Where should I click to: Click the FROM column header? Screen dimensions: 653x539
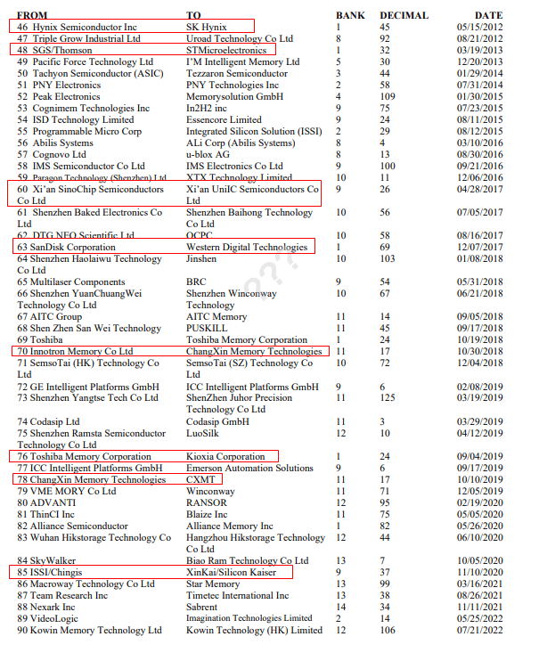[33, 15]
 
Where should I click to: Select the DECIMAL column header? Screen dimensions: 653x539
[404, 15]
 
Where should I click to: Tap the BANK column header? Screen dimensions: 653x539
[350, 15]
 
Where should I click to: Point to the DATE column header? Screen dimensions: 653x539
[488, 15]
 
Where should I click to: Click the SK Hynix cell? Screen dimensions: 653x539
[206, 28]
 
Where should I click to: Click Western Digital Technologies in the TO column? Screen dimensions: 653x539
[247, 248]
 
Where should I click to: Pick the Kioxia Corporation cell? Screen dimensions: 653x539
[225, 457]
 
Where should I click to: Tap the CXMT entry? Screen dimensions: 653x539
[201, 480]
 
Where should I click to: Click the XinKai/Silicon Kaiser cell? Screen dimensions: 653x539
[231, 573]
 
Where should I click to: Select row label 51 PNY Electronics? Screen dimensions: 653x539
[59, 86]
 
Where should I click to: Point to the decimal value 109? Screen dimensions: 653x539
[388, 97]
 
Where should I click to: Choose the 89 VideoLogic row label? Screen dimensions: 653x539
[48, 619]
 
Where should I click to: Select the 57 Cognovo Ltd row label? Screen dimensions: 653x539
[52, 155]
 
